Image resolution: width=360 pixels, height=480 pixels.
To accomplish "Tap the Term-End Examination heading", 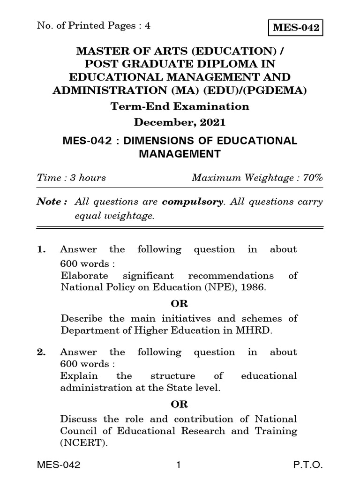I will [x=180, y=106].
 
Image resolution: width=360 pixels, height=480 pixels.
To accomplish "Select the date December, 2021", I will [x=180, y=123].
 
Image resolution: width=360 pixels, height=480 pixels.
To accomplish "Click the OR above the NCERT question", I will [x=180, y=404].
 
